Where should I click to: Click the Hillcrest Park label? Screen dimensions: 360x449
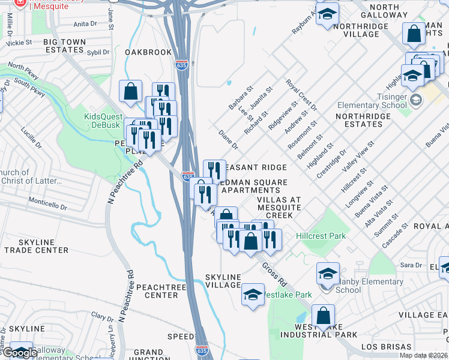click(x=321, y=236)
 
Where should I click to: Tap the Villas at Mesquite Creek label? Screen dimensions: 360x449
click(x=274, y=207)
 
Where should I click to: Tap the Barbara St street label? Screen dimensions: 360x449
click(x=241, y=97)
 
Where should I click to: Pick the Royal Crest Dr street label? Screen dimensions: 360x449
click(x=301, y=94)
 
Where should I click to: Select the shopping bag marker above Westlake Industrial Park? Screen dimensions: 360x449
click(x=323, y=316)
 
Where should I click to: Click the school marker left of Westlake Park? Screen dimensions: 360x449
click(x=253, y=295)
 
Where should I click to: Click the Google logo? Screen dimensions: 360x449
click(x=19, y=353)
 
